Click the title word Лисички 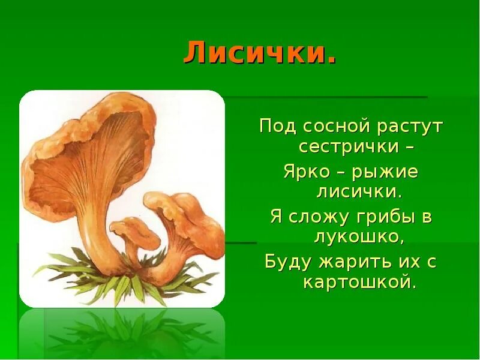click(256, 54)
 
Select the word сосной click(337, 127)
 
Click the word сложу click(320, 217)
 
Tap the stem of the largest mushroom click(99, 240)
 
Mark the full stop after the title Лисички click(332, 61)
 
